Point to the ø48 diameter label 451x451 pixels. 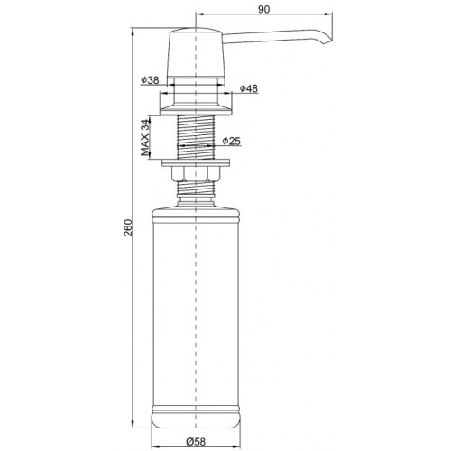(x=250, y=88)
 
